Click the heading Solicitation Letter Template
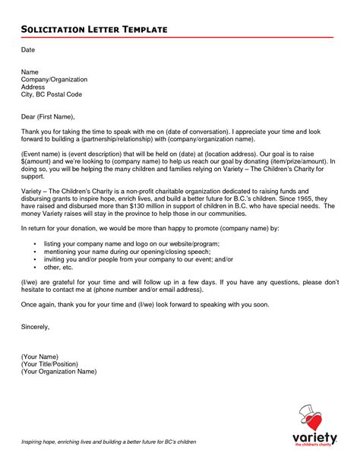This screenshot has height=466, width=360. click(x=93, y=29)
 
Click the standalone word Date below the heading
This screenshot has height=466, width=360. click(x=27, y=49)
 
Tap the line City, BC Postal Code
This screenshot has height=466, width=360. click(x=52, y=94)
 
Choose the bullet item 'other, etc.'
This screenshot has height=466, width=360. click(x=60, y=268)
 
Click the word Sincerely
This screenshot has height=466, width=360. click(x=35, y=326)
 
